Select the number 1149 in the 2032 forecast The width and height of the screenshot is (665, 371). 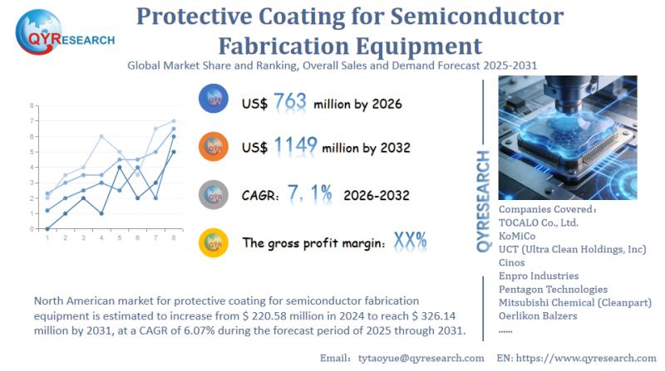click(295, 147)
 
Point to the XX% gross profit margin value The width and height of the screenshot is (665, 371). click(411, 241)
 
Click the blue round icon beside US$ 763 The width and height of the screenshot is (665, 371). click(214, 100)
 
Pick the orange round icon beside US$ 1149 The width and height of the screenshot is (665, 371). click(214, 147)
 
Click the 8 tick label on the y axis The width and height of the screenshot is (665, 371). click(32, 106)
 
